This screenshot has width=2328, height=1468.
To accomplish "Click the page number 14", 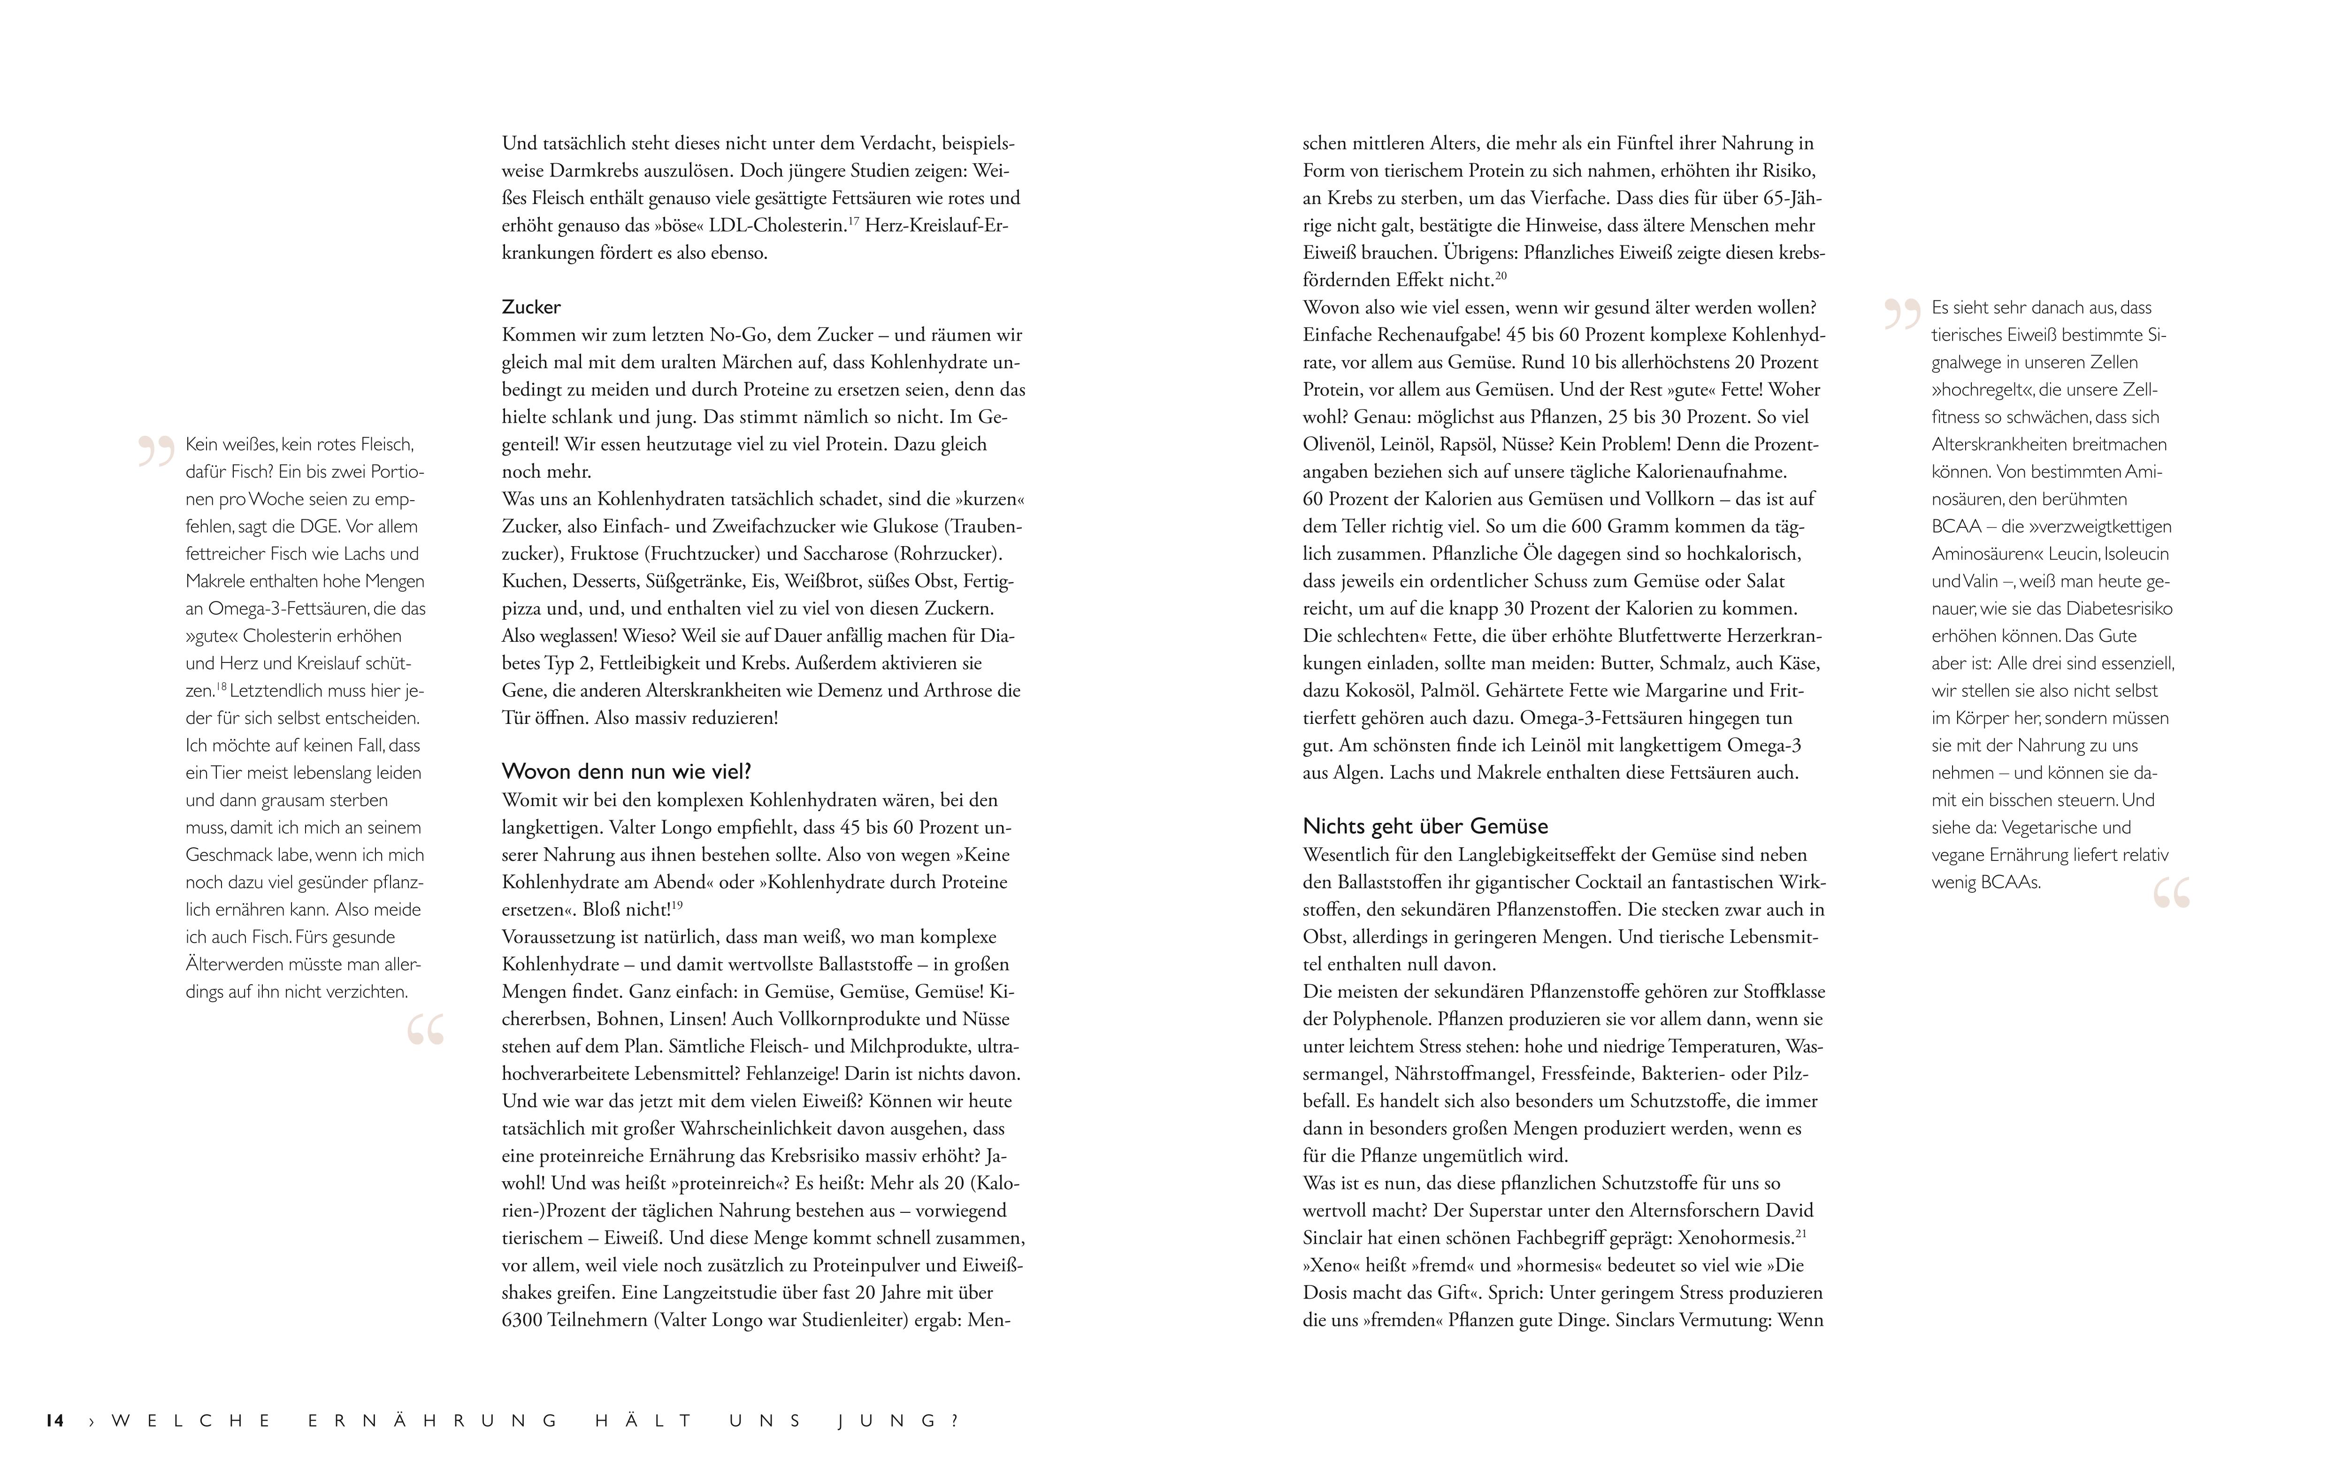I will [54, 1421].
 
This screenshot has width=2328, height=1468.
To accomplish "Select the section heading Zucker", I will [531, 307].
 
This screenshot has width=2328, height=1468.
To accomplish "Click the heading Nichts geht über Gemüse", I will [1425, 826].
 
